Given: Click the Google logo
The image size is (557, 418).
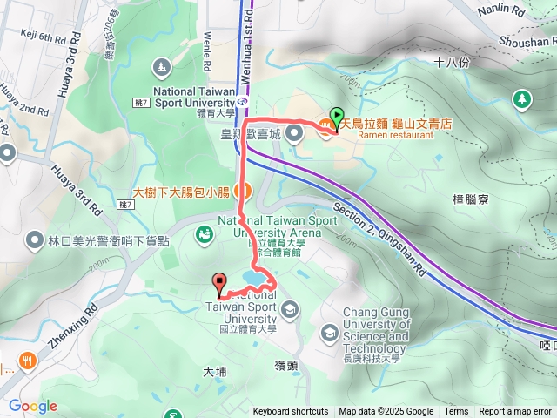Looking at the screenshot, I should click(32, 406).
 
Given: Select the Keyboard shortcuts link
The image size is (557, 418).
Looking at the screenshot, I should click(291, 412).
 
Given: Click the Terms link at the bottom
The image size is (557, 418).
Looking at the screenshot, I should click(456, 412).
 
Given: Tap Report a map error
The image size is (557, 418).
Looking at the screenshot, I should click(515, 412).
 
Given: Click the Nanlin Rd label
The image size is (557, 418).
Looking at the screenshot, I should click(502, 12).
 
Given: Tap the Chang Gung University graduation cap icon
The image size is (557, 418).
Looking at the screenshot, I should click(329, 332).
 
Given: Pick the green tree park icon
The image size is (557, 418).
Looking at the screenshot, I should click(522, 99).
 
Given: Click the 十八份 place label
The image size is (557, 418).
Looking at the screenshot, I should click(452, 64).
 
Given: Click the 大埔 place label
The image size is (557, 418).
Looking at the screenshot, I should click(214, 372).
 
